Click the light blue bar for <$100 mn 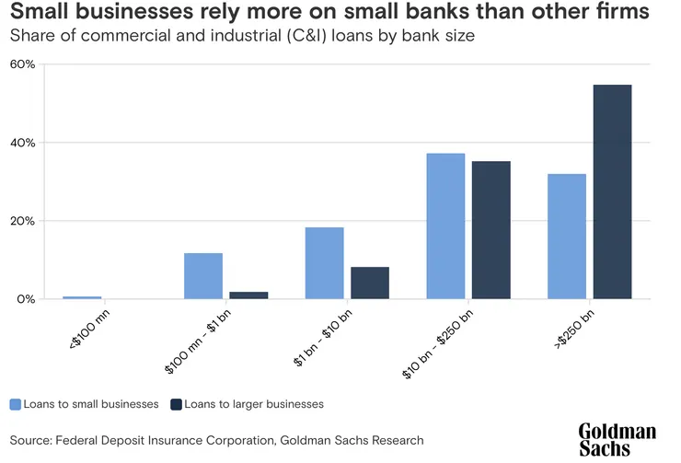click(82, 296)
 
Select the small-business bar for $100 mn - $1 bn click(203, 275)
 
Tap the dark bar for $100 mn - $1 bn click(248, 295)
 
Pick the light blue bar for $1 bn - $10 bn click(324, 262)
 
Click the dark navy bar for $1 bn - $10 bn click(369, 283)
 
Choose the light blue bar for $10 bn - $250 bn click(445, 226)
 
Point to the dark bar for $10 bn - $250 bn click(491, 229)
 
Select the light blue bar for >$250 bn click(566, 236)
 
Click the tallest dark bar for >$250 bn click(612, 191)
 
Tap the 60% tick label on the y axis click(23, 64)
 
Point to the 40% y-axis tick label click(23, 143)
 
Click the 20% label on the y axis click(23, 221)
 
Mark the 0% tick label click(26, 299)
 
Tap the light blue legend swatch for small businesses click(16, 404)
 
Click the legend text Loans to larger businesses click(253, 404)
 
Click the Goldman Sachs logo click(617, 439)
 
